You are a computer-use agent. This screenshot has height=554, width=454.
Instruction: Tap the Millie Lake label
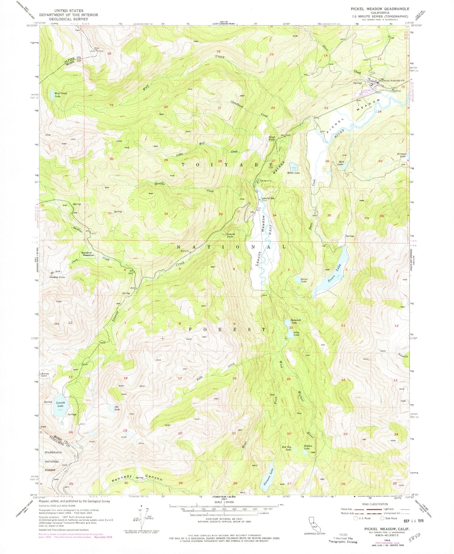(293, 173)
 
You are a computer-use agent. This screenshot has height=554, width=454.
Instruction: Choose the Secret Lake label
(304, 280)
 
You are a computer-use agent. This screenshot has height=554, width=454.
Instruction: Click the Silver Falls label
(272, 139)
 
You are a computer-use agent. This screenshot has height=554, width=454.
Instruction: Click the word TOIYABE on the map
(228, 164)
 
